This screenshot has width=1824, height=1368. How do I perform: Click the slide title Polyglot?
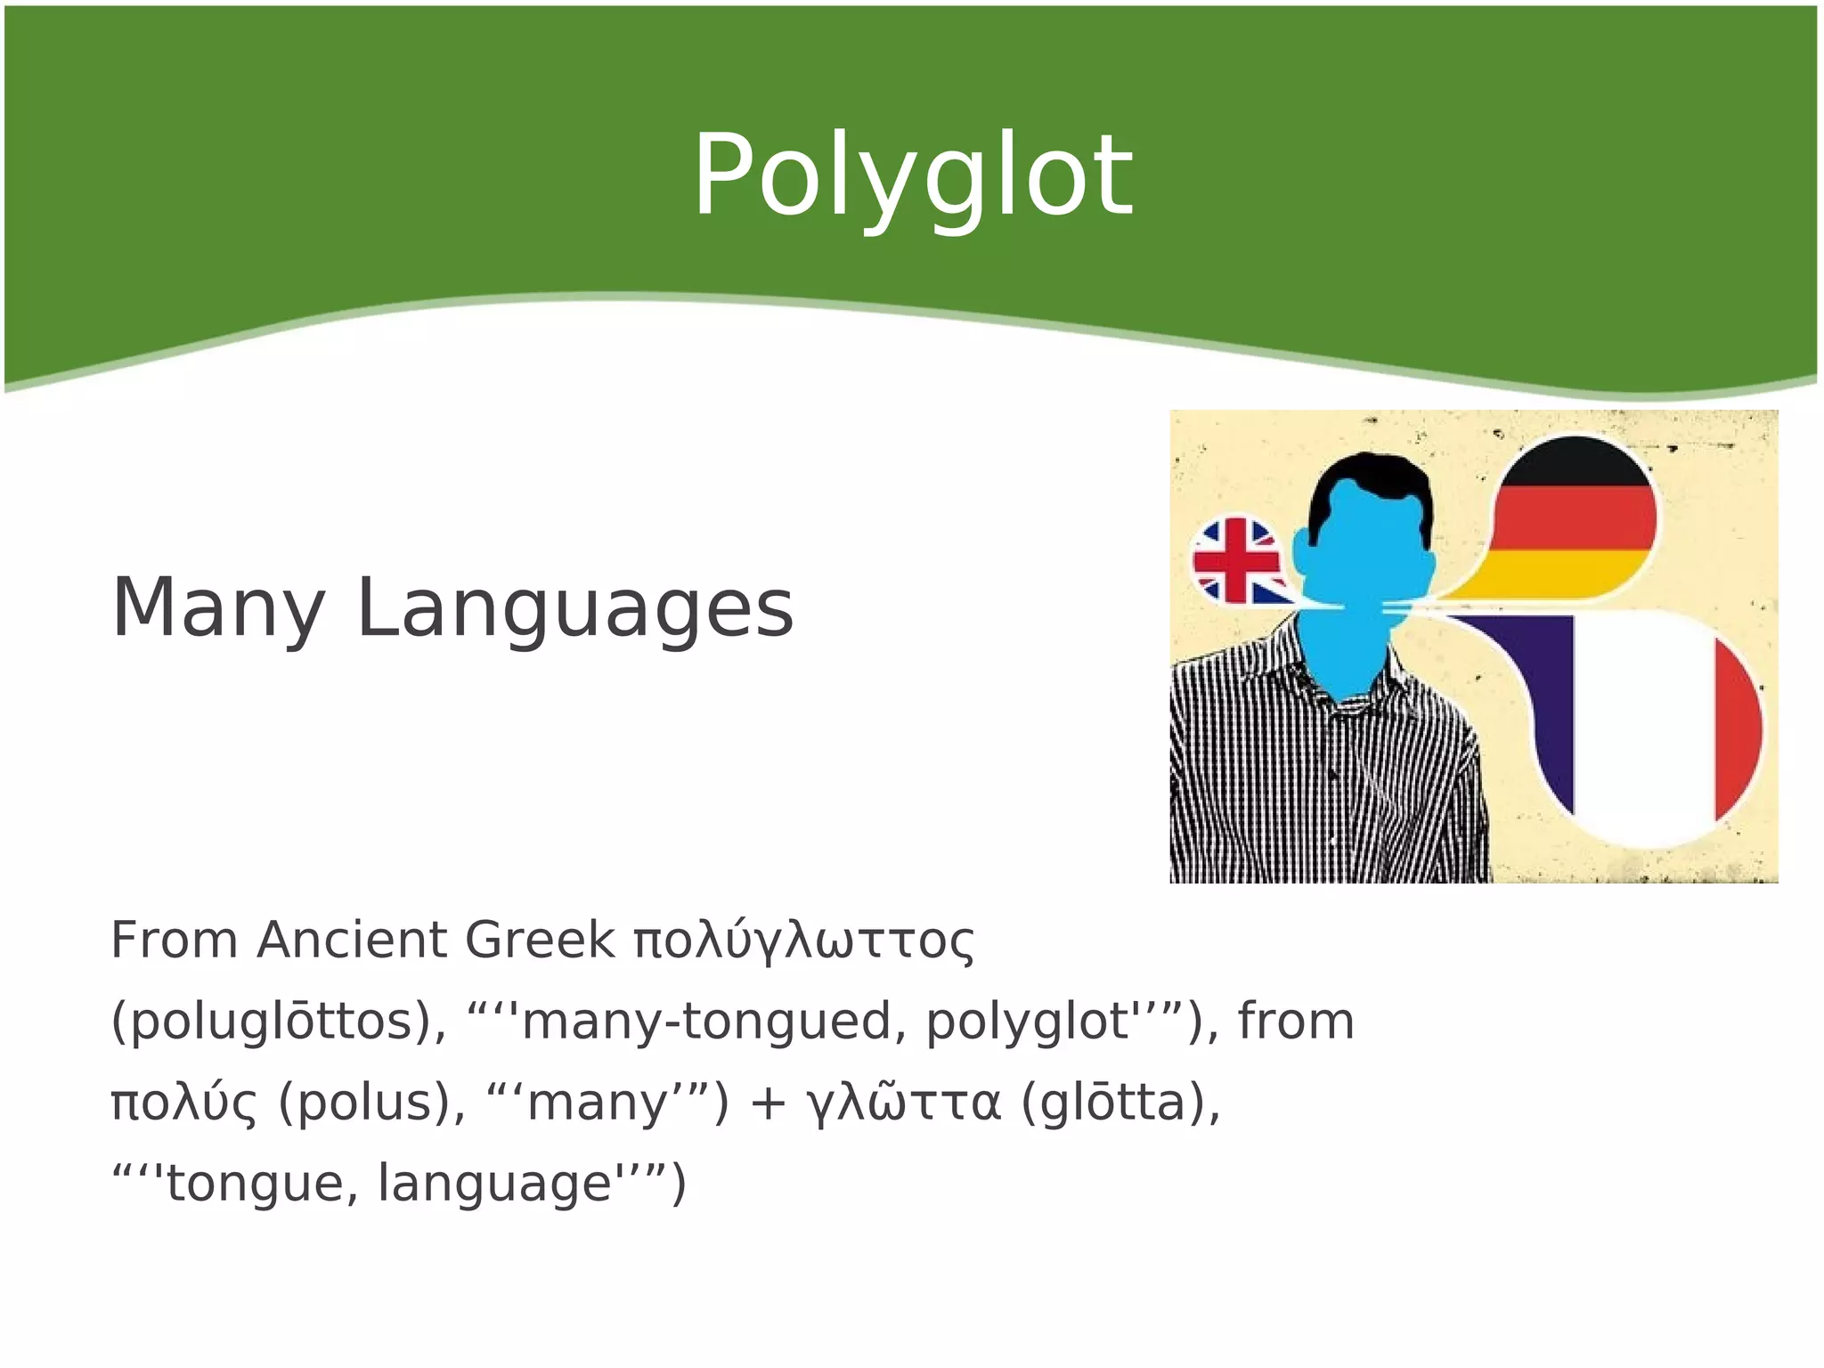tap(912, 175)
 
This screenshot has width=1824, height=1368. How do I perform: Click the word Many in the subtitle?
tap(217, 608)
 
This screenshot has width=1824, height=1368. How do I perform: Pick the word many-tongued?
tap(708, 1022)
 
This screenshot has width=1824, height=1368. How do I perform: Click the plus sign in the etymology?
tap(767, 1103)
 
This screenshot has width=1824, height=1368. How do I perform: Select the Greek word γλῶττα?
tap(903, 1103)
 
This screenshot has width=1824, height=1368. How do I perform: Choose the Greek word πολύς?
tap(183, 1103)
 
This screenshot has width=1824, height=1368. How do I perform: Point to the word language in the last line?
tap(495, 1185)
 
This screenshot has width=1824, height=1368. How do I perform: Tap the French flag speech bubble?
tap(1648, 726)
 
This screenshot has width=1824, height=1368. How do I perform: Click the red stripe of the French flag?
tap(1738, 726)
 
